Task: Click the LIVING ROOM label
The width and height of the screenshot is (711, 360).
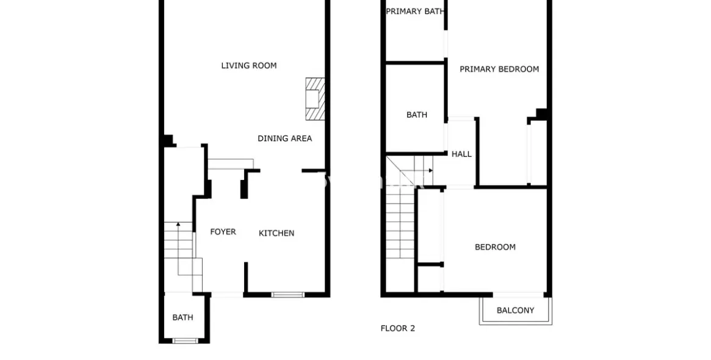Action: point(248,66)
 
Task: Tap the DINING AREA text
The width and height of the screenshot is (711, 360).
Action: point(285,139)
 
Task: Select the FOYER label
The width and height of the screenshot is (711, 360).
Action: point(223,232)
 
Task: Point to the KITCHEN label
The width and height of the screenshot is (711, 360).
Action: point(276,234)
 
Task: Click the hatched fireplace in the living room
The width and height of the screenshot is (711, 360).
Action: point(315,99)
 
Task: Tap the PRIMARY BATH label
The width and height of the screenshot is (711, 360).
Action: point(415,12)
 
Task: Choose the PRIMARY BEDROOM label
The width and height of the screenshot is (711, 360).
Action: point(499,70)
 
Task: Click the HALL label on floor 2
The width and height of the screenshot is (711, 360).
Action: point(461,154)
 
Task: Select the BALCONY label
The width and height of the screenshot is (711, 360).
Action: point(515,311)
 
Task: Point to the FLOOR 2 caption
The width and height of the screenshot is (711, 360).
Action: point(398,329)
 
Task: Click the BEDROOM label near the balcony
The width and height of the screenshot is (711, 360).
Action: point(495,248)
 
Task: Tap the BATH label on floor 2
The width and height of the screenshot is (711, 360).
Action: point(417,115)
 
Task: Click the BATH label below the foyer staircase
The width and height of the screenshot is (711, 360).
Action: point(182,318)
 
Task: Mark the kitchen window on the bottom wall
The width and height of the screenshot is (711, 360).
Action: point(288,295)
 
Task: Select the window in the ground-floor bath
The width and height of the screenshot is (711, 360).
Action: point(186,340)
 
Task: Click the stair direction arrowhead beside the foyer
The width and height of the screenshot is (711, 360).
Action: point(178,224)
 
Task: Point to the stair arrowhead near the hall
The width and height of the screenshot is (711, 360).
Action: point(430,170)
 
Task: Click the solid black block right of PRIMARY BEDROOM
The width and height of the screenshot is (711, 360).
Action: point(541,113)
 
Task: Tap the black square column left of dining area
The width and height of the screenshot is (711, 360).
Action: point(168,140)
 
